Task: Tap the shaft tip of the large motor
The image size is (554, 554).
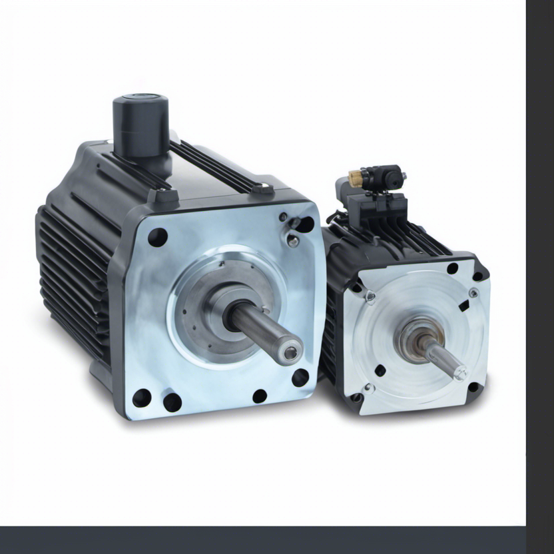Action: (x=289, y=350)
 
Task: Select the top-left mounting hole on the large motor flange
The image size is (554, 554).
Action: (x=158, y=237)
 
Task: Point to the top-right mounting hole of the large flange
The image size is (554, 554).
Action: (x=304, y=224)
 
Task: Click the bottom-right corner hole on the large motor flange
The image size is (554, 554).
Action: (x=300, y=378)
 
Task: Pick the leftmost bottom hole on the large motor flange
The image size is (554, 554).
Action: (x=142, y=398)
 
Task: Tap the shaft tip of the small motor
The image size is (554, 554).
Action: (x=459, y=373)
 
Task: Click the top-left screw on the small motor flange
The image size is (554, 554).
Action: (x=370, y=298)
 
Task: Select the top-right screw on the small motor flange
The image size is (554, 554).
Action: (x=473, y=292)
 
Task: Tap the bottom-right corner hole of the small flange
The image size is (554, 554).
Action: (x=473, y=387)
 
